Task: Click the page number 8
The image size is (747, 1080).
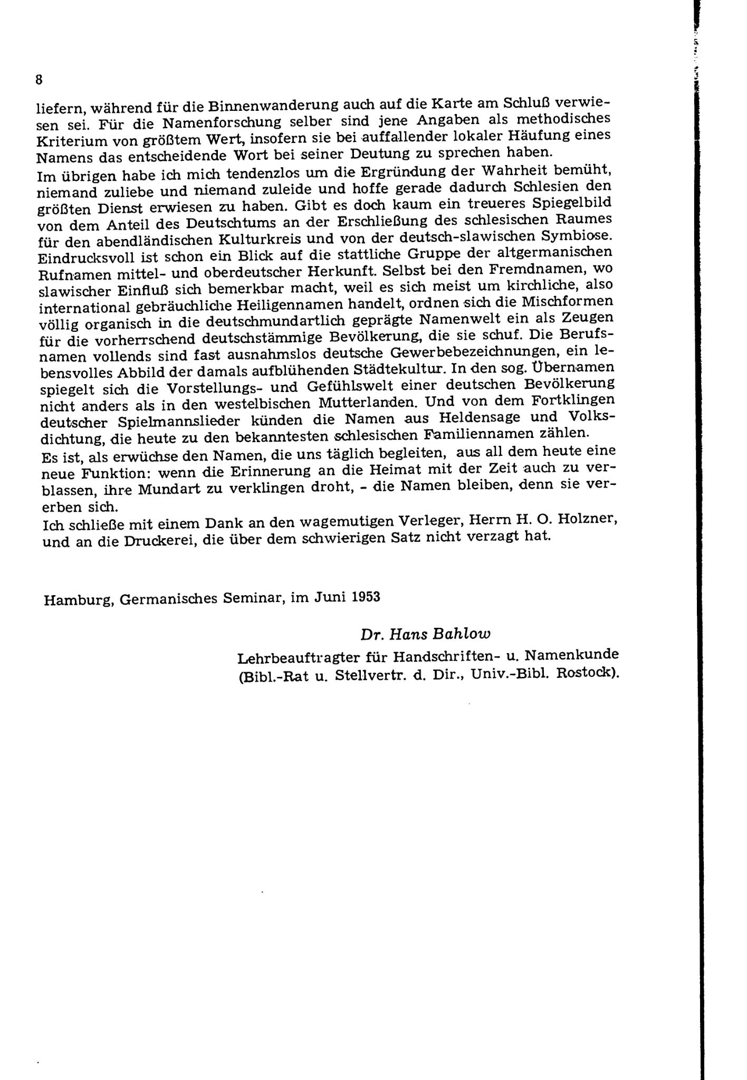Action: pyautogui.click(x=39, y=80)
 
